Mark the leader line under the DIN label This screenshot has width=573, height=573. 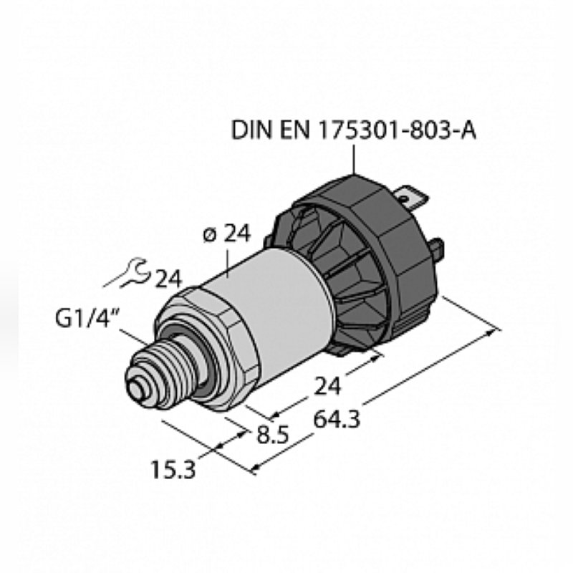pyautogui.click(x=354, y=158)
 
